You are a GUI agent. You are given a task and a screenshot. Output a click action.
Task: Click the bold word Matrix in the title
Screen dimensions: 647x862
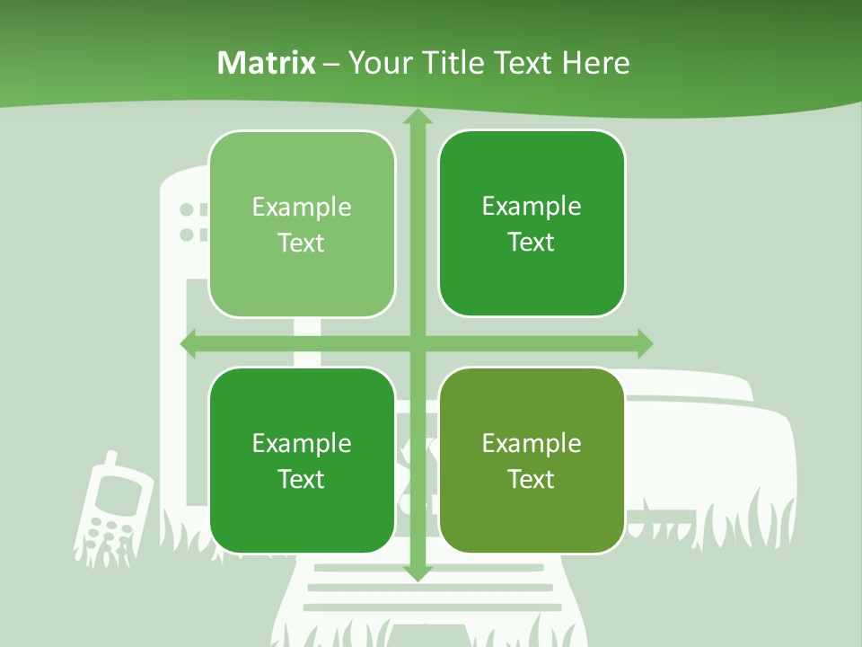coord(267,63)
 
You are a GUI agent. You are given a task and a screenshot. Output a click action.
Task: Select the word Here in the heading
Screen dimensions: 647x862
coord(595,63)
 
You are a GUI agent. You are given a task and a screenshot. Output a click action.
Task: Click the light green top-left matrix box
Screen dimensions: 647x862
coord(302,224)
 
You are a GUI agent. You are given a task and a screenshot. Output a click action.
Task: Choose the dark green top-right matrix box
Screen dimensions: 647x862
coord(532,224)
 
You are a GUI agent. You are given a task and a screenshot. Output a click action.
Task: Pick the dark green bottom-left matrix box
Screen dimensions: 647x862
coord(302,460)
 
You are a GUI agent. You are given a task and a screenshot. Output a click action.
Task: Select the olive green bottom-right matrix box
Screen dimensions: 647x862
coord(532,460)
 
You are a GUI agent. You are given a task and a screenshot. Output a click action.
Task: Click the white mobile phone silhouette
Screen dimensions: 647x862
coord(113,512)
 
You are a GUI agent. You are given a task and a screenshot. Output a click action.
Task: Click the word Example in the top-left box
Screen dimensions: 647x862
coord(302,208)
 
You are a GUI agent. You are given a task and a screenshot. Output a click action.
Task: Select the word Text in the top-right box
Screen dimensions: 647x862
coord(532,243)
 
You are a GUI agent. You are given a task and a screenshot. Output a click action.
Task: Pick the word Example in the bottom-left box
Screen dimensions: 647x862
coord(302,443)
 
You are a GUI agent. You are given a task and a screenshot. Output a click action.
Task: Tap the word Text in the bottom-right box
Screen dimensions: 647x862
coord(532,479)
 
